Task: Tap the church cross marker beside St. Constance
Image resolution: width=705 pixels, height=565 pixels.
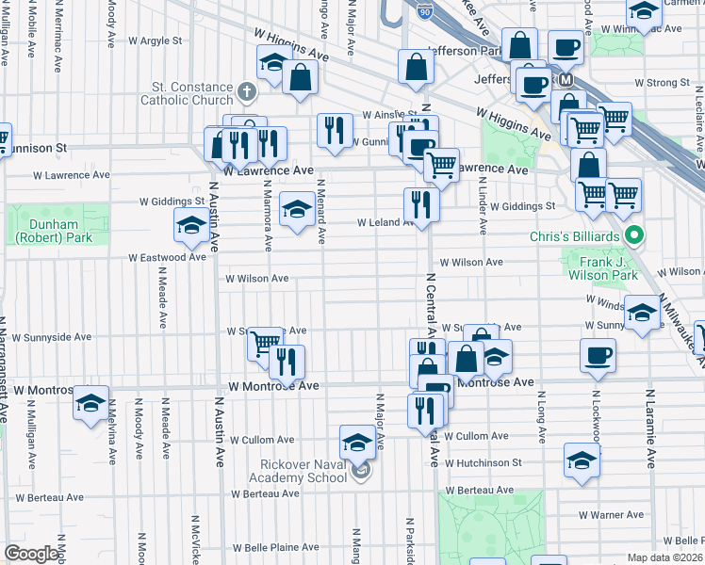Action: pos(247,91)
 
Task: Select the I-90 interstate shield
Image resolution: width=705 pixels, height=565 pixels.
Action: pos(422,10)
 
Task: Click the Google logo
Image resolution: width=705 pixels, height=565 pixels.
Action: pos(31,554)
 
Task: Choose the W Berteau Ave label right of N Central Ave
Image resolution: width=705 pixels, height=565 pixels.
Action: pos(480,491)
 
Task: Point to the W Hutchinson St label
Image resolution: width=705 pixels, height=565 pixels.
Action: pos(484,463)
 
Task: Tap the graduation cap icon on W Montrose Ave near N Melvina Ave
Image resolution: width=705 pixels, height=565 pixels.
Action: pos(90,403)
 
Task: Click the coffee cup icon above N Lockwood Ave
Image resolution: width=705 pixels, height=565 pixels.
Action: pos(598,357)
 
